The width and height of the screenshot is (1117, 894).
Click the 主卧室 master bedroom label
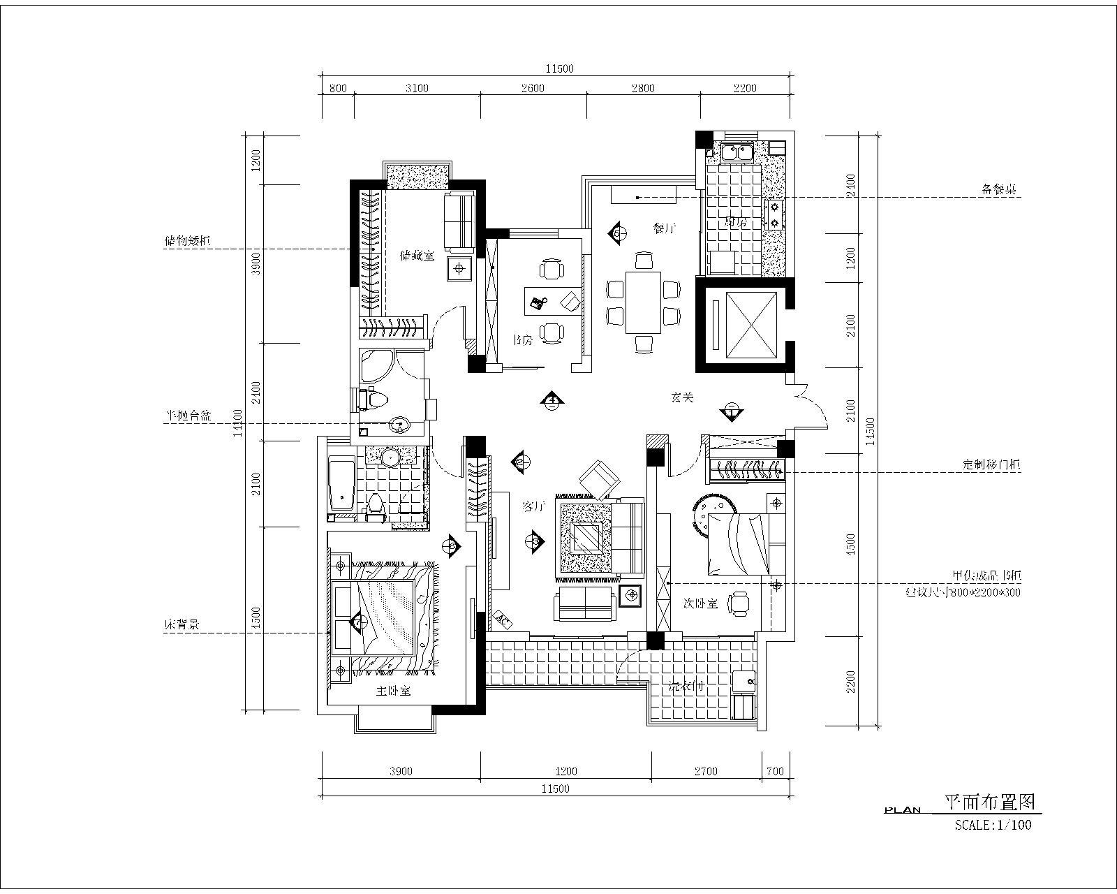click(x=394, y=691)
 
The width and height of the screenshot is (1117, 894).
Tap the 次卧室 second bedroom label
click(x=700, y=603)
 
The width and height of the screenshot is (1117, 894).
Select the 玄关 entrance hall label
click(x=682, y=397)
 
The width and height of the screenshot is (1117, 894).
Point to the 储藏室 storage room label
click(x=417, y=256)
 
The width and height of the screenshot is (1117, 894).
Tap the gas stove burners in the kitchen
click(x=774, y=214)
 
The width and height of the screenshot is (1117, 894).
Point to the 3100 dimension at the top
click(x=417, y=88)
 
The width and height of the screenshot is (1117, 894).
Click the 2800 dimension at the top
click(x=643, y=88)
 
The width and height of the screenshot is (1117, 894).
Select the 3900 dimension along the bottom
click(x=401, y=771)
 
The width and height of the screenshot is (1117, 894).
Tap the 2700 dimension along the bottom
click(x=706, y=771)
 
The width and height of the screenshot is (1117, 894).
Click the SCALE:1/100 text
click(x=993, y=825)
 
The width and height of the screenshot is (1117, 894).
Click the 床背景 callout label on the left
click(x=182, y=626)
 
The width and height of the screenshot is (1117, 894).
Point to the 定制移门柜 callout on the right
click(x=991, y=464)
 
